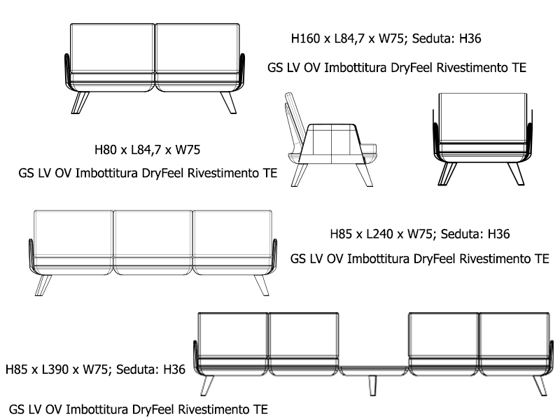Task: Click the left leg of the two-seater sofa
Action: click(80, 102)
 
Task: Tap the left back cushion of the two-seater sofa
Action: click(112, 48)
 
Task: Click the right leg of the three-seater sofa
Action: click(261, 284)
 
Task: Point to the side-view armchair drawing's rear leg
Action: click(301, 174)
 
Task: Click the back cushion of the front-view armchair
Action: click(483, 117)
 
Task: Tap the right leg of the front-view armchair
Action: click(517, 173)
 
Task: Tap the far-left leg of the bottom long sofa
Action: click(207, 384)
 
